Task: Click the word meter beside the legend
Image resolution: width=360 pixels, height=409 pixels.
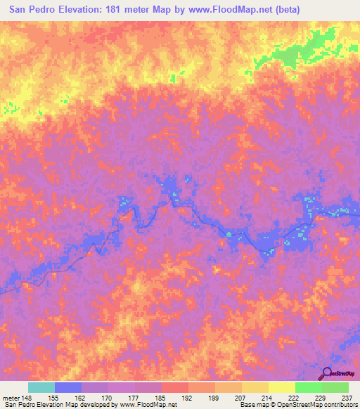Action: tap(12, 397)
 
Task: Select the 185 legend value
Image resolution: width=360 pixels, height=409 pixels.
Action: tap(162, 397)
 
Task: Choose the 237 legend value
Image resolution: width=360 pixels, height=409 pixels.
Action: tap(347, 397)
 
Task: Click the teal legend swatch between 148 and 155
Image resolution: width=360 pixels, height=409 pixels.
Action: tap(41, 387)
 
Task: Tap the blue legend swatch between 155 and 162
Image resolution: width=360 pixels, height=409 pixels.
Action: tap(68, 387)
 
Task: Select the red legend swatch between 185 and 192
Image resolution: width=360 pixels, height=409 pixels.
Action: tap(175, 387)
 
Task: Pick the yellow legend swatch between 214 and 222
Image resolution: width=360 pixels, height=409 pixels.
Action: tap(282, 387)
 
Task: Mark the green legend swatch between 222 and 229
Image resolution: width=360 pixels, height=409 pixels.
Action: tap(309, 387)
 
